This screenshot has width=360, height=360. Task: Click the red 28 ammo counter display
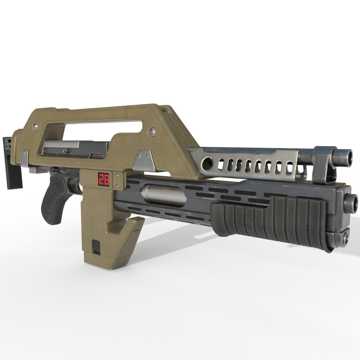click(103, 180)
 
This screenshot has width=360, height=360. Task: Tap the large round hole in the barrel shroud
click(207, 162)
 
